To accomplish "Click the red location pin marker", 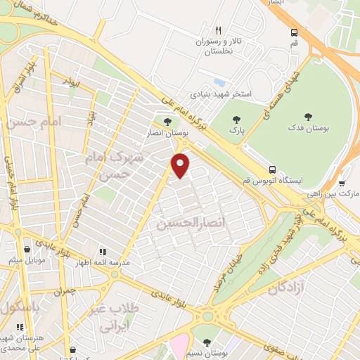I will (x=181, y=165).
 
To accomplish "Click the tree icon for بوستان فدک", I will (x=307, y=117).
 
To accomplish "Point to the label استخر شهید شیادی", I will (x=221, y=94).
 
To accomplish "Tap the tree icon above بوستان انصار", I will (x=166, y=122).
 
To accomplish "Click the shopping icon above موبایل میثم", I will (x=27, y=249).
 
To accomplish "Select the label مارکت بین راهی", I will (x=338, y=193).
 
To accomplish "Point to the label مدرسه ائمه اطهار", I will (x=103, y=262).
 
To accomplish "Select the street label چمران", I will (x=65, y=290).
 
